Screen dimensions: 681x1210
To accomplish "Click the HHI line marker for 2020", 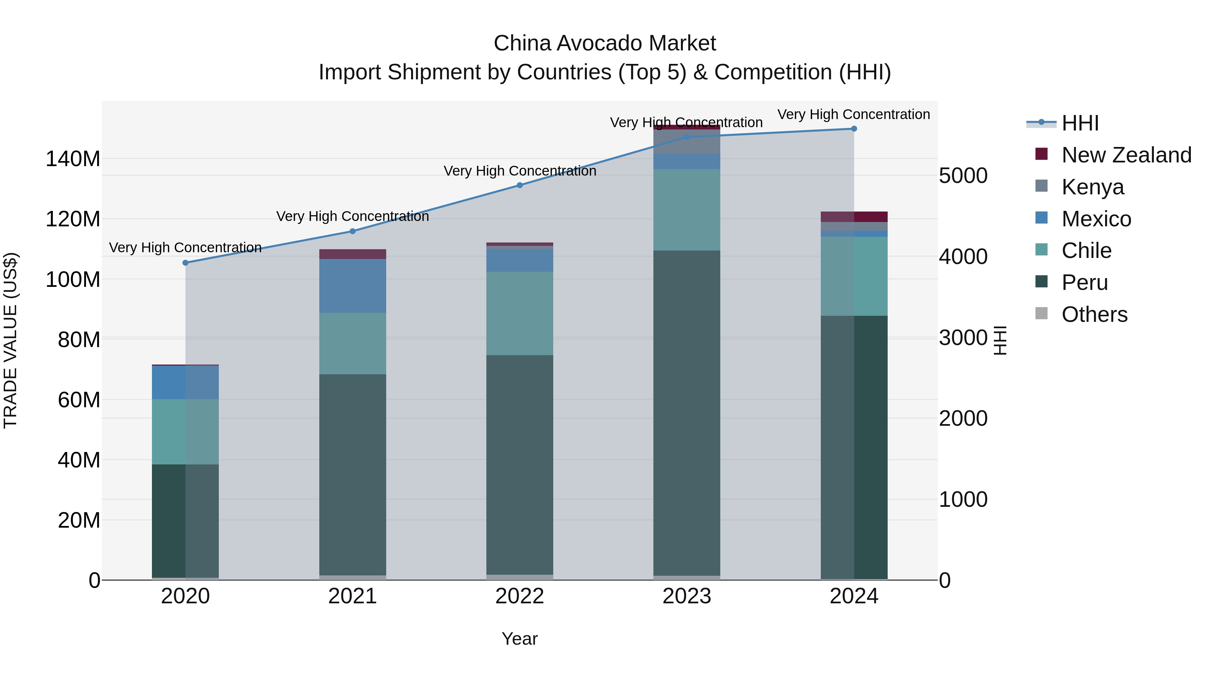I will point(185,263).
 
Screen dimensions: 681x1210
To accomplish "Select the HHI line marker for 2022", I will point(520,185).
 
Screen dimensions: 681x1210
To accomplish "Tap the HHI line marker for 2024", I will point(854,129).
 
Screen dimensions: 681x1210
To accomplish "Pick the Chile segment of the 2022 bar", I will point(520,313).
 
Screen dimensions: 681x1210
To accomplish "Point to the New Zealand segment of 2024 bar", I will point(854,217).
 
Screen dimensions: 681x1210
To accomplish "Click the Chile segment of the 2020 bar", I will point(185,431).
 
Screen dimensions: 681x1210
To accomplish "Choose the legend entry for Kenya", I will point(1093,187).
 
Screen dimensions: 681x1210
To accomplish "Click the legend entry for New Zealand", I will point(1126,155).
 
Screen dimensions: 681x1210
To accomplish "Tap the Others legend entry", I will point(1094,314).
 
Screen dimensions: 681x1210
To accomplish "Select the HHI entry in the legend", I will point(1080,123).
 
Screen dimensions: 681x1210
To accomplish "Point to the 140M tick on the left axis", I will point(73,159).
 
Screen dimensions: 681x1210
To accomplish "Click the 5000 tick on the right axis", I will point(963,176).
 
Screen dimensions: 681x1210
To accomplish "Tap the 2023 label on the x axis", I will point(687,596).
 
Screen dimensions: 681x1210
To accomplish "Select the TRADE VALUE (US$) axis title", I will point(10,340).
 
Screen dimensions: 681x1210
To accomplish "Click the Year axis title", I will point(520,639).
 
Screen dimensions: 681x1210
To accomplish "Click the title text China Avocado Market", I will point(605,43).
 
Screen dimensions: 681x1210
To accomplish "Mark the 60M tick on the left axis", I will point(79,400).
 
